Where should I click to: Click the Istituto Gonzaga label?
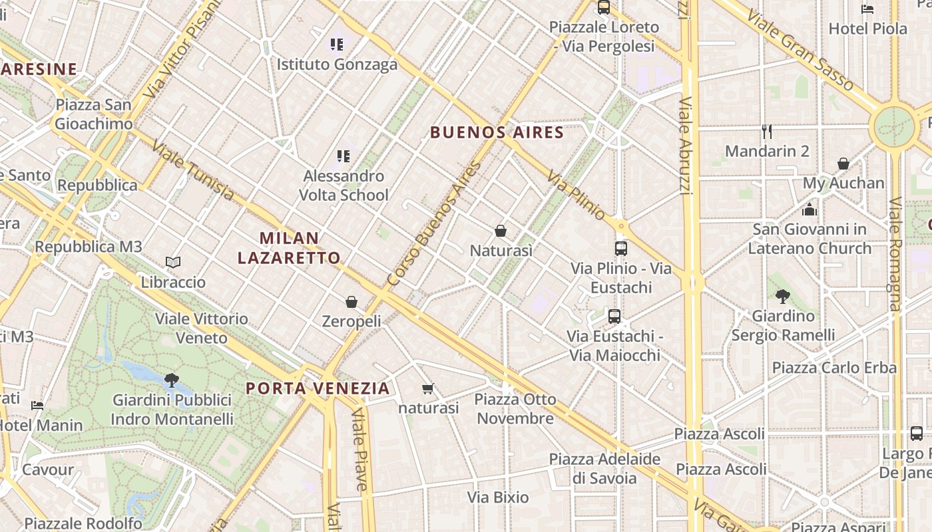[337, 65]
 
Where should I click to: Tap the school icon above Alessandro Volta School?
[343, 156]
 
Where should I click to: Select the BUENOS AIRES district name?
[497, 132]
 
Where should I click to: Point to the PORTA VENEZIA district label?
[318, 388]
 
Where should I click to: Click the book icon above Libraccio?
[173, 263]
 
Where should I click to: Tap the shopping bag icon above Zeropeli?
[351, 302]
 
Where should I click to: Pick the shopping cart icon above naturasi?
[427, 388]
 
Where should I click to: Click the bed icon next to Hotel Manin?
[38, 405]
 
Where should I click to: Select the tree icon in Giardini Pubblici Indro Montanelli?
[171, 380]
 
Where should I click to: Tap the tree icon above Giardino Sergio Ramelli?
[782, 297]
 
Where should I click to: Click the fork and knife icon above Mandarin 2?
[767, 132]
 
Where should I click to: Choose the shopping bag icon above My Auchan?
[843, 164]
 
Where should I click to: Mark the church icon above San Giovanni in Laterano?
[810, 209]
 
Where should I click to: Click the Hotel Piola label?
[867, 29]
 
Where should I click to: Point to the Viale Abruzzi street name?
[685, 146]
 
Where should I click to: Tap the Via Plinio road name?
[577, 196]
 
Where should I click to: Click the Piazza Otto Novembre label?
[515, 409]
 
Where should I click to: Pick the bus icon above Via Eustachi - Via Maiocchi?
[614, 316]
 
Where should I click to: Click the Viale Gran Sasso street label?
[800, 49]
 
